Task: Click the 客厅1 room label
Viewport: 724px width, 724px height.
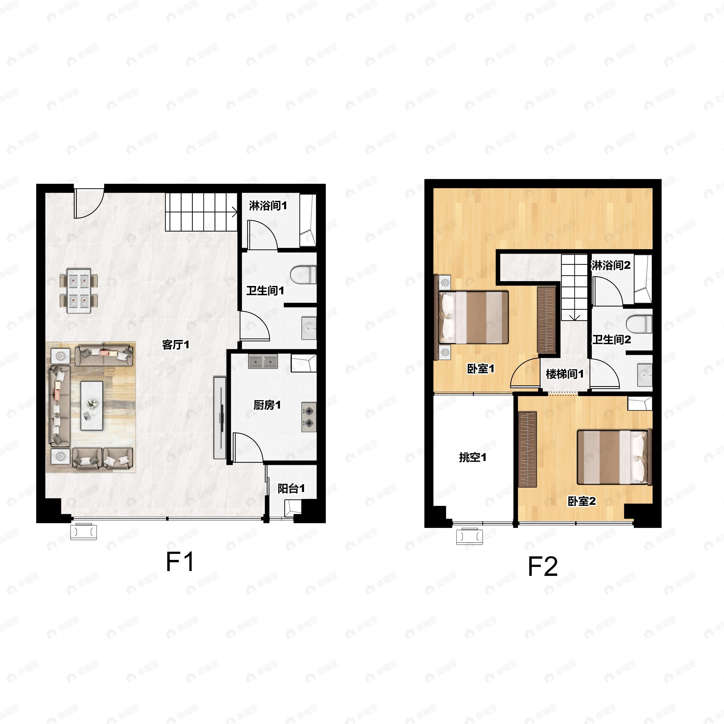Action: (x=175, y=345)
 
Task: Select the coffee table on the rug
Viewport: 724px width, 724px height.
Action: (x=92, y=406)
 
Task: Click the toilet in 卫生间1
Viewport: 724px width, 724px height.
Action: (x=303, y=275)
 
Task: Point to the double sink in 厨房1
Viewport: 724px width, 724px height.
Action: (x=263, y=362)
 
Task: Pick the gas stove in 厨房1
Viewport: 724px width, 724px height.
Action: (x=309, y=417)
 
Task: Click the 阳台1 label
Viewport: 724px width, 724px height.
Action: (x=291, y=488)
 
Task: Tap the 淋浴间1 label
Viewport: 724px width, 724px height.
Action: (x=268, y=205)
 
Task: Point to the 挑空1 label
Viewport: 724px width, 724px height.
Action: (x=472, y=457)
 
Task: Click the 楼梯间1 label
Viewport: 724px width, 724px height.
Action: (x=564, y=374)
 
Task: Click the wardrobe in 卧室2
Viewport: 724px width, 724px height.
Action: (x=527, y=449)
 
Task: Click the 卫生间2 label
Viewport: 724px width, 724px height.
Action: (x=611, y=339)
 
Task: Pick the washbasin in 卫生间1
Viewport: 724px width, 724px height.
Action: (x=309, y=328)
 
